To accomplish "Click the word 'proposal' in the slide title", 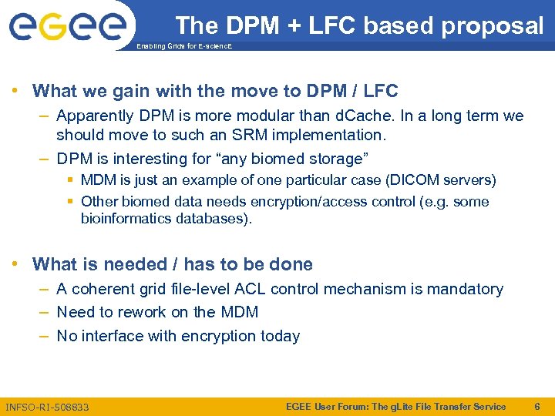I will (493, 26).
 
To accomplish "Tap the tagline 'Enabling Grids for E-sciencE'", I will (183, 47).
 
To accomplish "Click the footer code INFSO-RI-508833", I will (47, 407).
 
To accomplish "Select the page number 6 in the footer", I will (538, 406).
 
